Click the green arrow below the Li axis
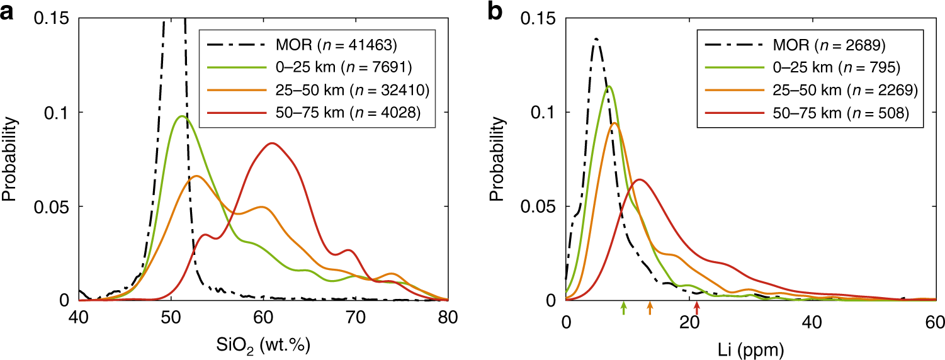[x=623, y=307]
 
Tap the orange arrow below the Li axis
[x=650, y=307]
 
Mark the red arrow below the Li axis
[x=696, y=307]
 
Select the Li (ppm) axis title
[x=750, y=346]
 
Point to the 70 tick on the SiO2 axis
[x=355, y=320]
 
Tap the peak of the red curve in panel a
[x=271, y=143]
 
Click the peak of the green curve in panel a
[x=181, y=116]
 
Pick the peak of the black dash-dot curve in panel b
[x=595, y=38]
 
